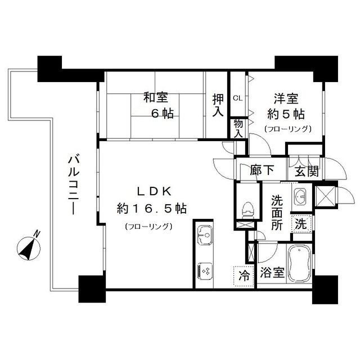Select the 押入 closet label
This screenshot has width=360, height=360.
pyautogui.click(x=218, y=105)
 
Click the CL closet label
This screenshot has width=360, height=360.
pyautogui.click(x=237, y=98)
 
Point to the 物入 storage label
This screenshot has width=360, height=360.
pyautogui.click(x=238, y=128)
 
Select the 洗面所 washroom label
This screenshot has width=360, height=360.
pyautogui.click(x=277, y=211)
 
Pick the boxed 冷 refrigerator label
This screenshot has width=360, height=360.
pyautogui.click(x=244, y=275)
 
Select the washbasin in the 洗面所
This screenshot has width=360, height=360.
pyautogui.click(x=299, y=197)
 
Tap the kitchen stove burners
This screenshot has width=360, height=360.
pyautogui.click(x=204, y=271)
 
